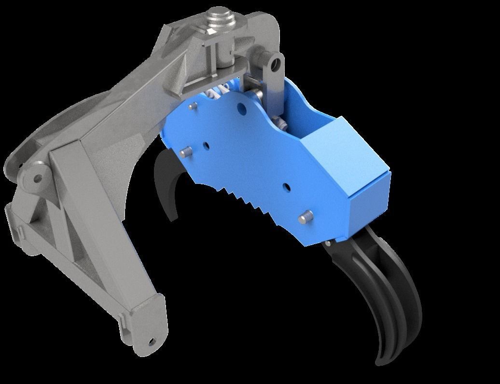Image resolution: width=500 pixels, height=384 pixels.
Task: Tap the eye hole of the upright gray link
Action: coord(276,63)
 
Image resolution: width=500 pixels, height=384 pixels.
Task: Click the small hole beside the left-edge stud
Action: coord(206,145)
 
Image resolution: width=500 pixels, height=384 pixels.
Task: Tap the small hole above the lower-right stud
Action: coord(286,186)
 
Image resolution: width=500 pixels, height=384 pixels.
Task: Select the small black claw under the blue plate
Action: coord(167,183)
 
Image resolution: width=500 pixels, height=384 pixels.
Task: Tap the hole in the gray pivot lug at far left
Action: coord(37,178)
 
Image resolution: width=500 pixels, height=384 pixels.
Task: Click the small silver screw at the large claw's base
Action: coord(328,244)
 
